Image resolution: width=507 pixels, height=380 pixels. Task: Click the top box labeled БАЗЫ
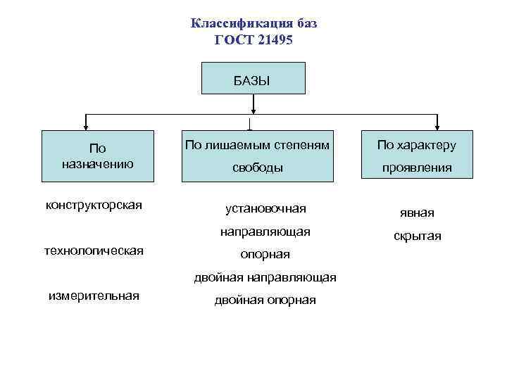pyautogui.click(x=254, y=78)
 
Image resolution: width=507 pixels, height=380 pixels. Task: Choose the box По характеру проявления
pyautogui.click(x=415, y=156)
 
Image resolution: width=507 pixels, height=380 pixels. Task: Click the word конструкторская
pyautogui.click(x=94, y=205)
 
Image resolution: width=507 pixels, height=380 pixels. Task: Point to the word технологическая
pyautogui.click(x=94, y=250)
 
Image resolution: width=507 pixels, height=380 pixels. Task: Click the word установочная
pyautogui.click(x=265, y=208)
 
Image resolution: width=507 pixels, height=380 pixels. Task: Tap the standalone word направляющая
pyautogui.click(x=265, y=231)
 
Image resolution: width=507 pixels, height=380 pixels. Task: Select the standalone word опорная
pyautogui.click(x=265, y=254)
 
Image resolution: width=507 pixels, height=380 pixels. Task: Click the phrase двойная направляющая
pyautogui.click(x=265, y=277)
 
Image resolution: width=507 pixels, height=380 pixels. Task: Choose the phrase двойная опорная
pyautogui.click(x=265, y=300)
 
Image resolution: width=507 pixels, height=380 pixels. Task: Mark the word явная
pyautogui.click(x=418, y=213)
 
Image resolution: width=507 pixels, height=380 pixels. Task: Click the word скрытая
pyautogui.click(x=418, y=236)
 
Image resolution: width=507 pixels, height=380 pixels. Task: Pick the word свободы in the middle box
pyautogui.click(x=258, y=168)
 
